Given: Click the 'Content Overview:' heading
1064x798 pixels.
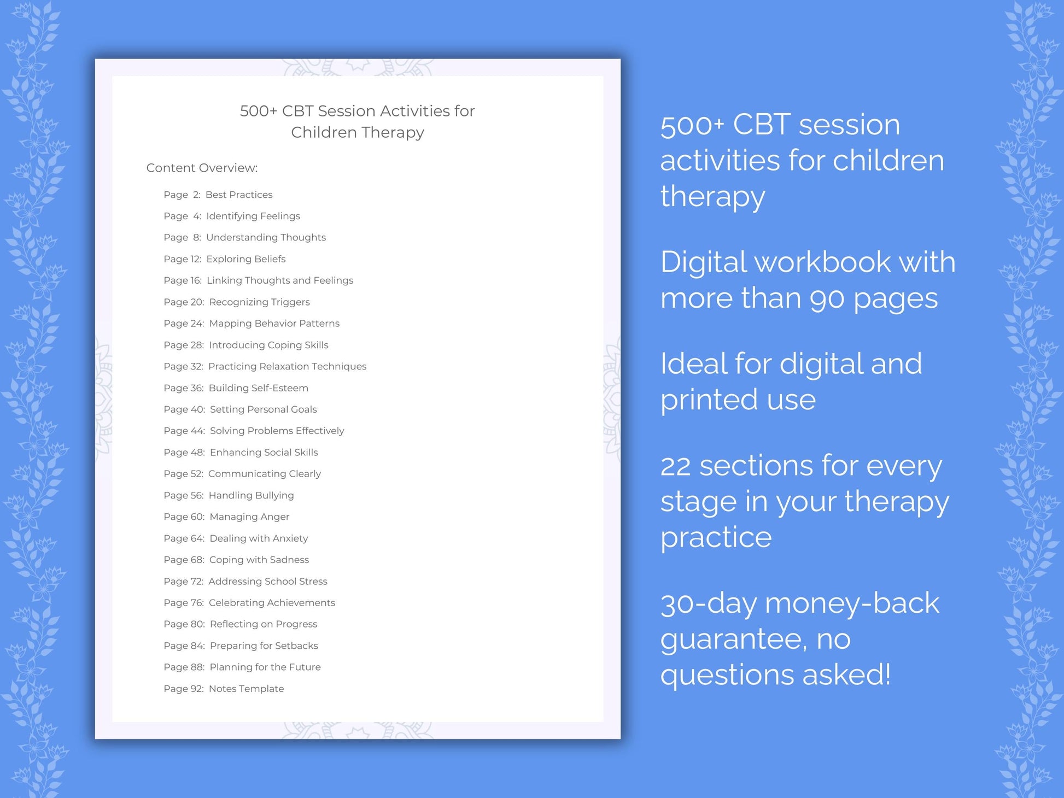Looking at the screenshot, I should coord(202,168).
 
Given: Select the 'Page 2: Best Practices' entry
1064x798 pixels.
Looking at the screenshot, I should coord(218,195).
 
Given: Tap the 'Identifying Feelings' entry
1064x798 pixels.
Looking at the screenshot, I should coord(253,216).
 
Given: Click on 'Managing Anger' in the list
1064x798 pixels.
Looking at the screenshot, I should coord(249,517).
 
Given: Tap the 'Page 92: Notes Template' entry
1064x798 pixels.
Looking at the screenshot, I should coord(224,689).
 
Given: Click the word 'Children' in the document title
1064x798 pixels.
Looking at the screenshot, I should coord(324,132).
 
